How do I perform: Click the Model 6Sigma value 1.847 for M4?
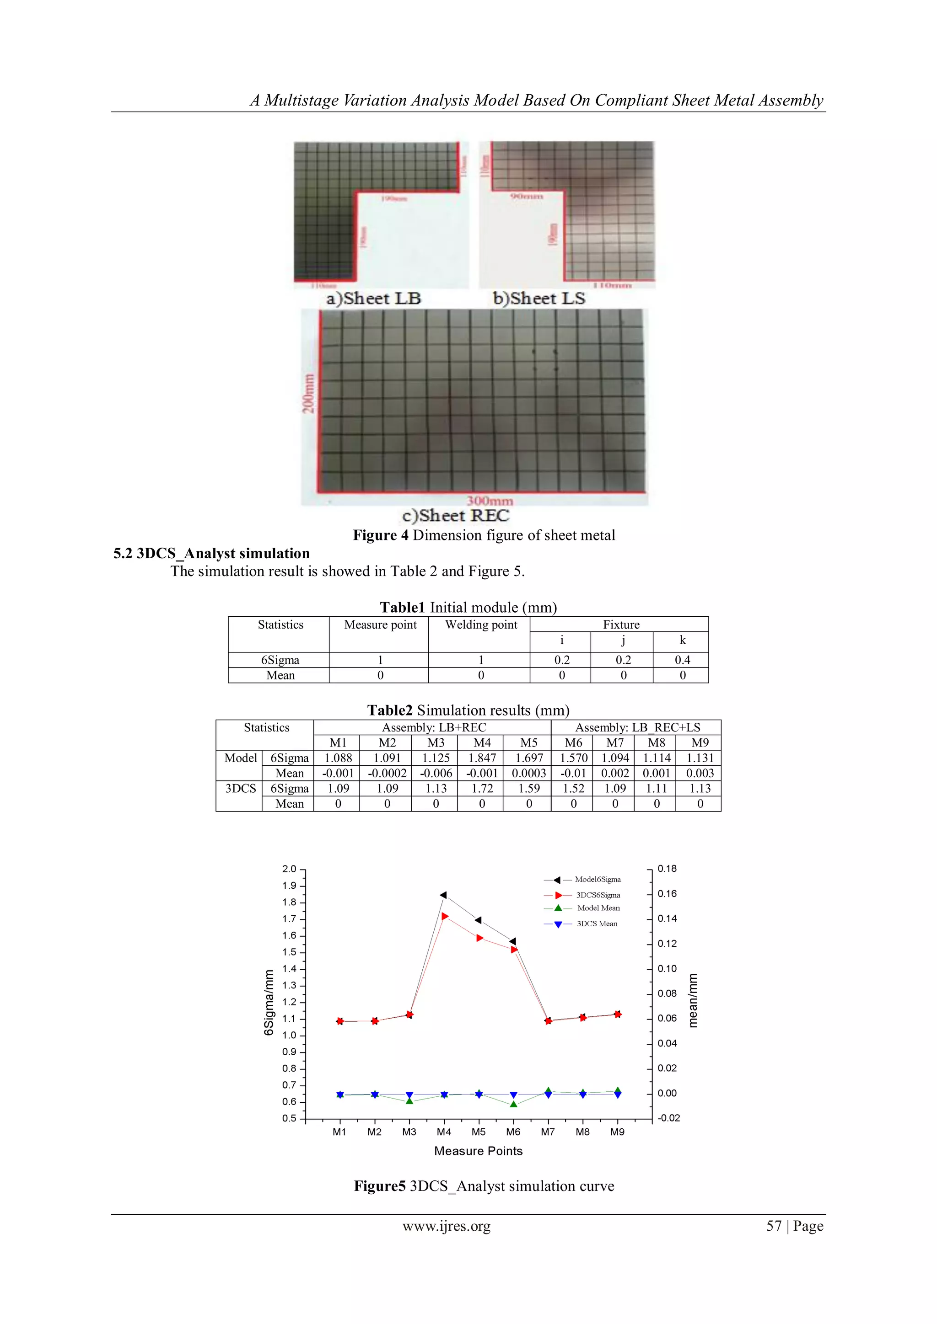482,758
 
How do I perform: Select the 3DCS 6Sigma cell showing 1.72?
482,788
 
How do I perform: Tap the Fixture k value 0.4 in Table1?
682,660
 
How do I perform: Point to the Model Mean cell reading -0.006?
436,773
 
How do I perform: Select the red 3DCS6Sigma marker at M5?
479,938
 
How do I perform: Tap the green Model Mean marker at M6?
513,1104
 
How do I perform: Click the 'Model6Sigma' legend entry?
597,880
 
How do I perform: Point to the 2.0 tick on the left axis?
289,869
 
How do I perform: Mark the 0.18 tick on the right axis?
667,869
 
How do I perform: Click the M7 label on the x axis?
548,1132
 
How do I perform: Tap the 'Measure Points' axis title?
478,1151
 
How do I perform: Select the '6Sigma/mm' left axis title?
268,1002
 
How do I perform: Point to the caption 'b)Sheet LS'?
539,298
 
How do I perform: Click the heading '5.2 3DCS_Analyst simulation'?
211,554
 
